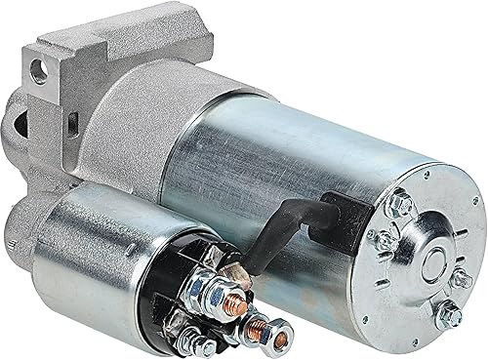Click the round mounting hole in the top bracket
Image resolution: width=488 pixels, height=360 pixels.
pos(41,70)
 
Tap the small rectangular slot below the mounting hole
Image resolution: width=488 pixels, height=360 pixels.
pos(70,122)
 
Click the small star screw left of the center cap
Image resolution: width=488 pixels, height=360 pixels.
pos(386,239)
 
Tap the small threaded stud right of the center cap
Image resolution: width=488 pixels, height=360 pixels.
pos(464,260)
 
